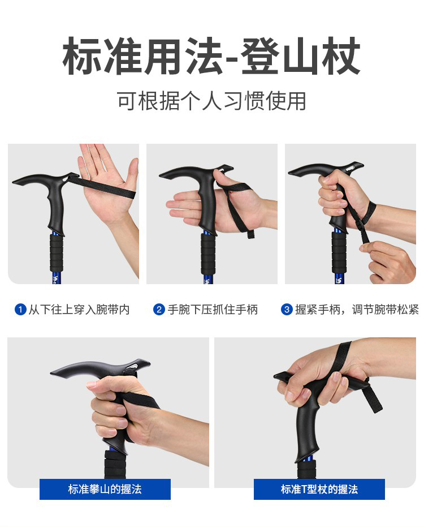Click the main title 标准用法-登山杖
tap(211, 56)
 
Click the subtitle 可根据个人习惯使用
tap(211, 101)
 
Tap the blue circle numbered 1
tap(20, 309)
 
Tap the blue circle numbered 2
tap(159, 309)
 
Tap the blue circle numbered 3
tap(287, 309)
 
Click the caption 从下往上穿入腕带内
tap(79, 310)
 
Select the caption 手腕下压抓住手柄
tap(213, 310)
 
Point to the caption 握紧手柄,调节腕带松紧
tap(357, 310)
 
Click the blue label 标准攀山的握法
tap(105, 489)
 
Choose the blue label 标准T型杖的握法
tap(319, 489)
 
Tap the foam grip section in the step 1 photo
tap(56, 252)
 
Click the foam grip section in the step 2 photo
tap(208, 252)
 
